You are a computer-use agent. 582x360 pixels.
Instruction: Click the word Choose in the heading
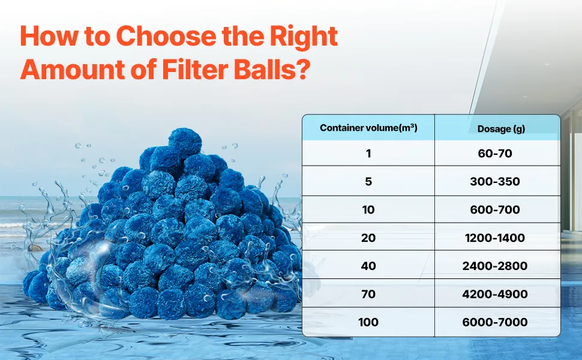point(166,35)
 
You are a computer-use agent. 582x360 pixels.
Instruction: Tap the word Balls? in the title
point(272,69)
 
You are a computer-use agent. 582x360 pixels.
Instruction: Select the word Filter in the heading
point(196,69)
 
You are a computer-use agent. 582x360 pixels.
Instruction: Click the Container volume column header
point(368,128)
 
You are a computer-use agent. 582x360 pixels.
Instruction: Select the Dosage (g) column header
point(501,129)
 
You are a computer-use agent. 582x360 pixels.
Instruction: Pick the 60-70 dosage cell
point(495,153)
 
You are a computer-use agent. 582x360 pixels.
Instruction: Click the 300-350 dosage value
point(495,181)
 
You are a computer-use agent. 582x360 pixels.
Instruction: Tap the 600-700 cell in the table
point(495,209)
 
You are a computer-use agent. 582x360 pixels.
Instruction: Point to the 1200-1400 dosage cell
point(495,238)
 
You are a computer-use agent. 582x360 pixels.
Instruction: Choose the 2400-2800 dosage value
point(495,266)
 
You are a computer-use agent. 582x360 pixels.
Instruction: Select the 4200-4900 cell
point(495,294)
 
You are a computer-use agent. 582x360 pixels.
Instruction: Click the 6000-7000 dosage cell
point(495,322)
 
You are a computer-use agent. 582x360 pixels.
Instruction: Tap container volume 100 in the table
point(368,322)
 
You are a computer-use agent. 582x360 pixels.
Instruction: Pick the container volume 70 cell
point(368,294)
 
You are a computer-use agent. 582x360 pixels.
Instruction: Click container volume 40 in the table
point(368,266)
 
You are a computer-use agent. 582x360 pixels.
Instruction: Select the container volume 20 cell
point(368,238)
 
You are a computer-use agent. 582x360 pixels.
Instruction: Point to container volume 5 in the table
point(368,181)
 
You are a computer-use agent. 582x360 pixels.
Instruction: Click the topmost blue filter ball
point(185,143)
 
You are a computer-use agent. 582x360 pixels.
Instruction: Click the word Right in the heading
point(303,37)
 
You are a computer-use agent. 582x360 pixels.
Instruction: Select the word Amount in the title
point(73,69)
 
